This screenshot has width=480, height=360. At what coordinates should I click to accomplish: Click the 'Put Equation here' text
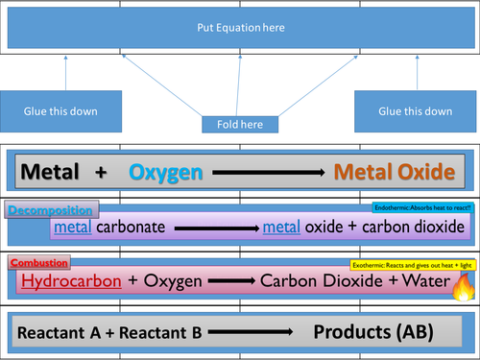click(x=240, y=29)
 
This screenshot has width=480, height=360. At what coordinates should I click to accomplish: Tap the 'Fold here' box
click(x=240, y=125)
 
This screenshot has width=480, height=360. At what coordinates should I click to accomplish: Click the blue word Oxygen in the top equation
click(x=166, y=173)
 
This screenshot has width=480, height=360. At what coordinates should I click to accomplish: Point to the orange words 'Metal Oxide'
click(x=394, y=173)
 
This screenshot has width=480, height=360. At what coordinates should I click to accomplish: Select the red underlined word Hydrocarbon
click(x=65, y=281)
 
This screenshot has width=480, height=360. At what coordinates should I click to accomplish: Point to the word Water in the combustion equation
click(x=421, y=282)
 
